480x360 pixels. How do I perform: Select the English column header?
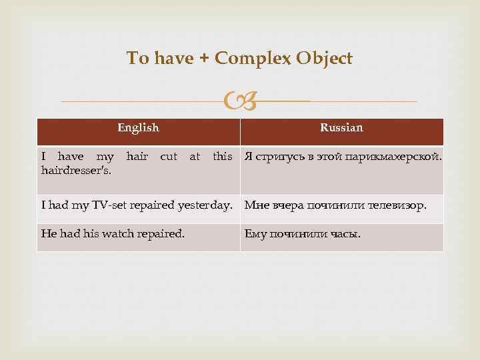(138, 128)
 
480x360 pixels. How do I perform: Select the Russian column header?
(341, 128)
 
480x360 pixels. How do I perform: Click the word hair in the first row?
(137, 157)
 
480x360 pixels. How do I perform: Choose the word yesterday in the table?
(210, 205)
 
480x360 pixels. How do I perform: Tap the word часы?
(345, 234)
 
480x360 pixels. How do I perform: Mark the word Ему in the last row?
(255, 234)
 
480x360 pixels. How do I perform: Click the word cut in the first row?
(169, 157)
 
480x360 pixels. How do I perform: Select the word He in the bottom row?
(49, 234)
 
